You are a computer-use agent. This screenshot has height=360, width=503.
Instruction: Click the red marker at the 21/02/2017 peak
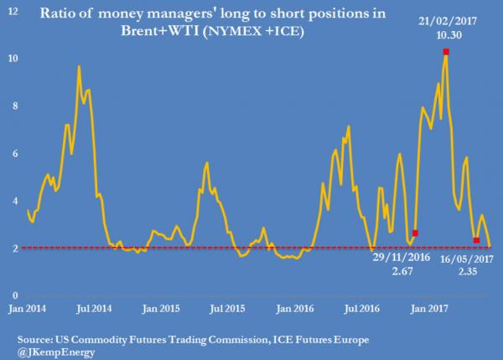pos(446,52)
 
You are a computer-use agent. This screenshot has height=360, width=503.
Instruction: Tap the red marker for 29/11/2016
pos(415,232)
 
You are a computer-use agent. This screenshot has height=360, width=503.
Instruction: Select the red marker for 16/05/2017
pos(476,241)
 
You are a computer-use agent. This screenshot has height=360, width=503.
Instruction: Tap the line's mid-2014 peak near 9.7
pos(79,66)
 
